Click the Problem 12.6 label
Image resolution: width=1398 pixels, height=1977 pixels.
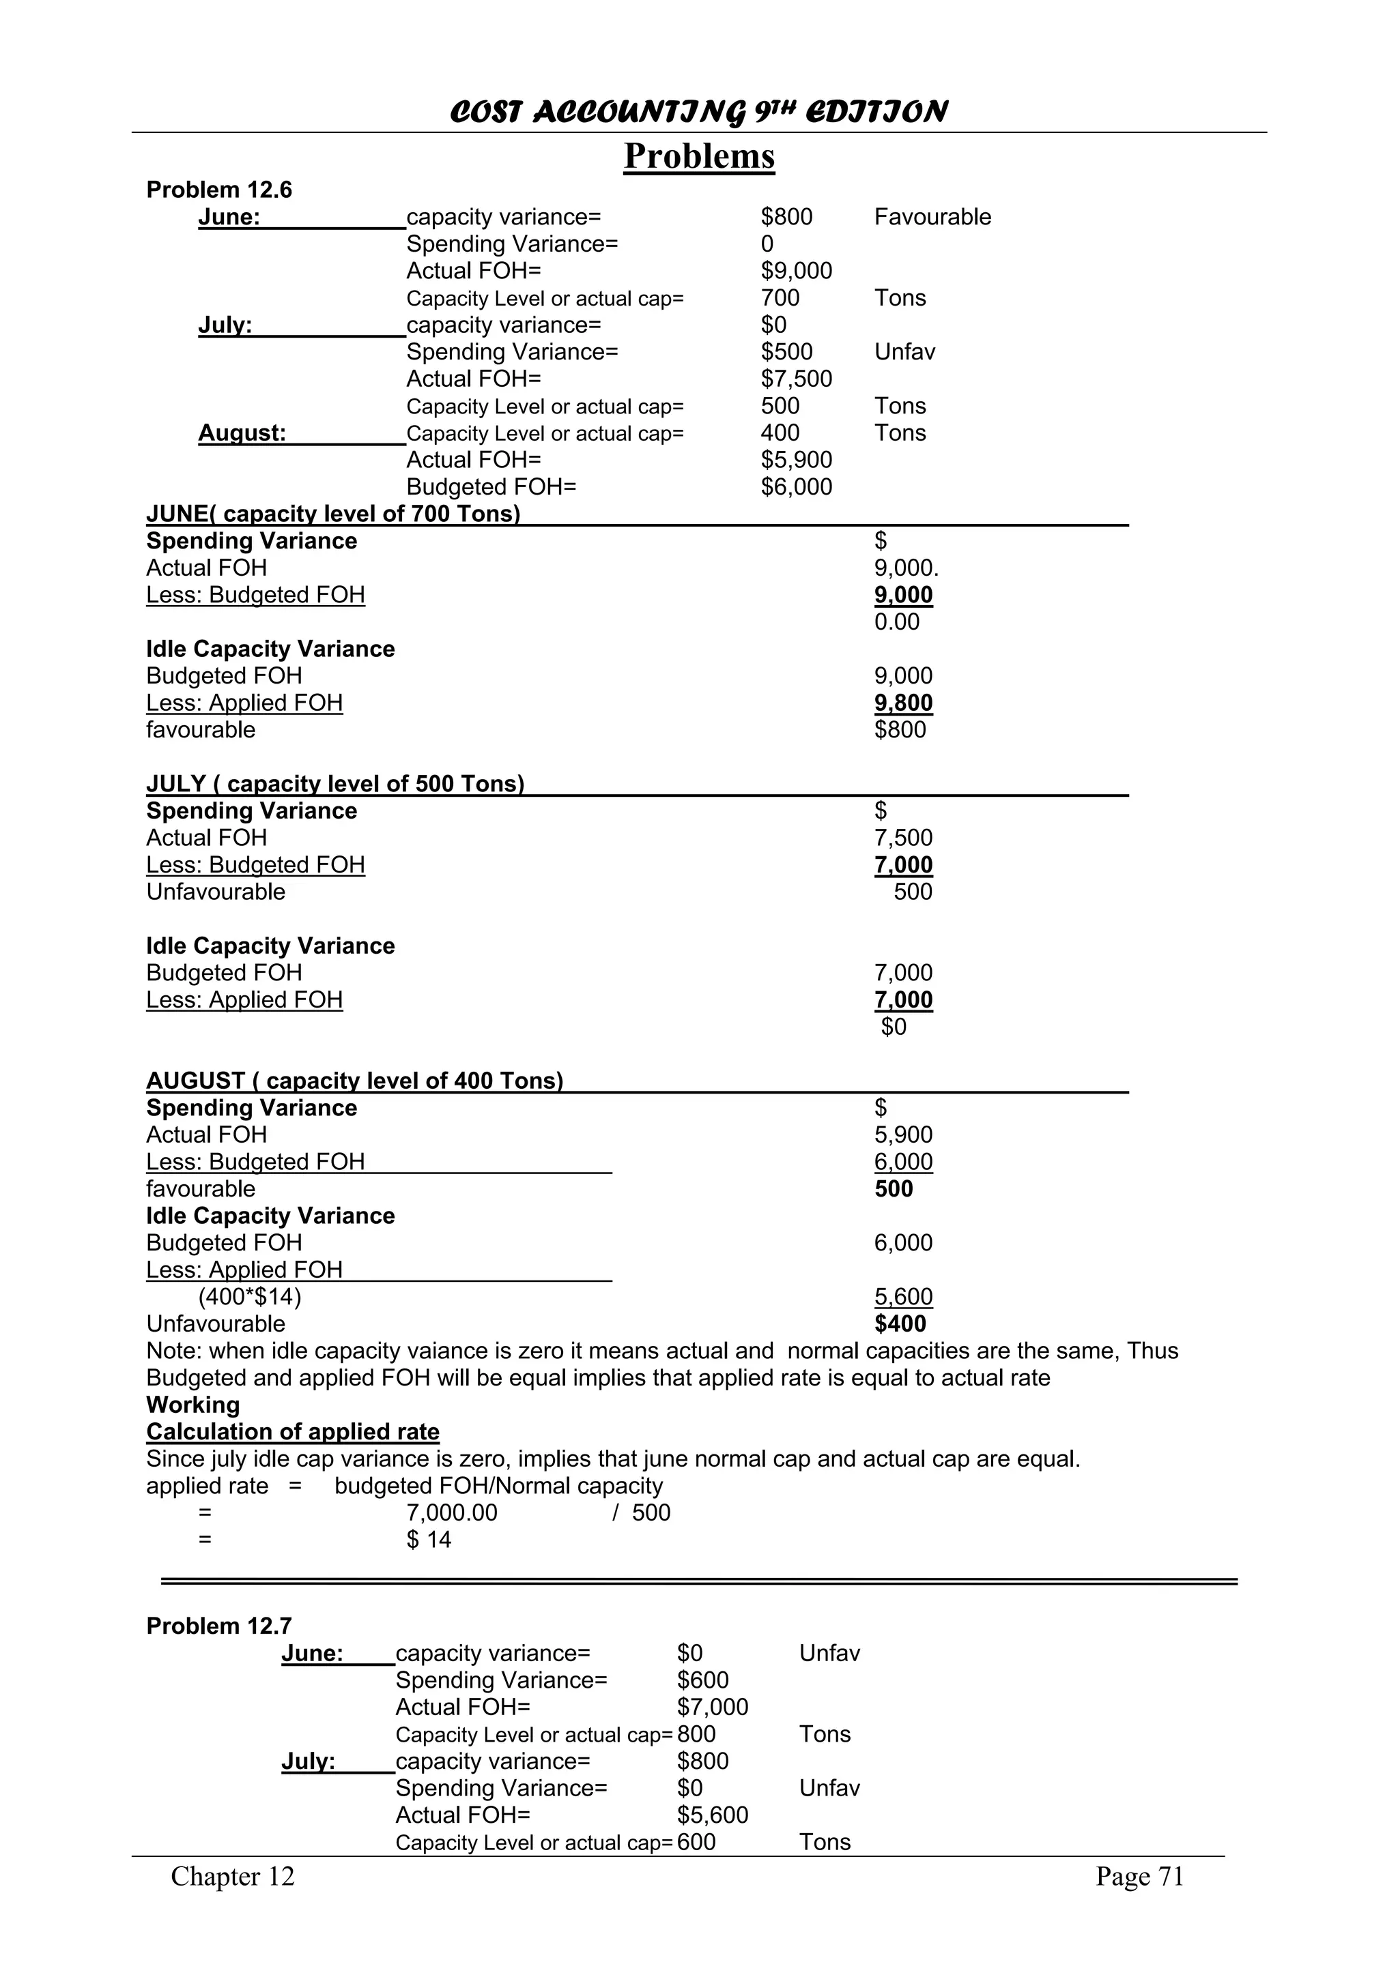[x=219, y=190]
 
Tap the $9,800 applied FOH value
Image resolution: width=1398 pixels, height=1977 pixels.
[x=902, y=703]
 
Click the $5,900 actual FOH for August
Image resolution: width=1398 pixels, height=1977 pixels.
[x=796, y=460]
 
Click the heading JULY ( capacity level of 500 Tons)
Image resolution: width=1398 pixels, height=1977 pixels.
[x=335, y=784]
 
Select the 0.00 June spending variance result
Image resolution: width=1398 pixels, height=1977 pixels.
[x=897, y=621]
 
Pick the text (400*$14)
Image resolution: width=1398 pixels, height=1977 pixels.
[x=250, y=1297]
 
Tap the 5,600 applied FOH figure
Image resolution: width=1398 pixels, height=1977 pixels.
[x=902, y=1297]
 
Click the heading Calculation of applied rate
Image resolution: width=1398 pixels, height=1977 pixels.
[x=293, y=1432]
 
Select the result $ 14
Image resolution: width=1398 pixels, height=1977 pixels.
[x=429, y=1540]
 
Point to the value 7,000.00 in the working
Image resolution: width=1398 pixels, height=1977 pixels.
[x=451, y=1513]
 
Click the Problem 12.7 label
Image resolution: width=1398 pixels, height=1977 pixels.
[x=219, y=1626]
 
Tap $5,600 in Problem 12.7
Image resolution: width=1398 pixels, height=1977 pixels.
[x=713, y=1815]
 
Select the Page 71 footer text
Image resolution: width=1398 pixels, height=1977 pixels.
[x=1139, y=1876]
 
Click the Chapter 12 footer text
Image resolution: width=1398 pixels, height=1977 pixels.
[x=233, y=1876]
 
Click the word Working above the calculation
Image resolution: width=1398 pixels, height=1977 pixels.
[x=193, y=1405]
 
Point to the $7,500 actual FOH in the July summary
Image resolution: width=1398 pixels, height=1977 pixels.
[x=796, y=379]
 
